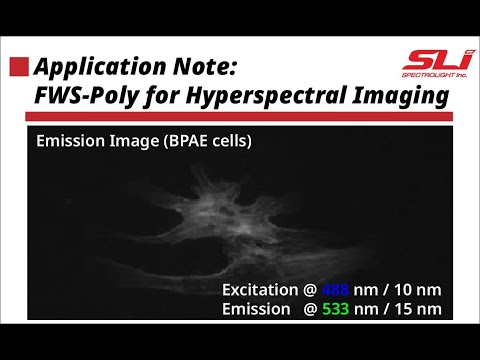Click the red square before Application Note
(x=19, y=67)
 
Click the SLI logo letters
(x=424, y=61)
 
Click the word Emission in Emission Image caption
(x=69, y=141)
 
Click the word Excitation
(x=261, y=289)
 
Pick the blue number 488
(x=336, y=289)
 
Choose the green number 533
(x=336, y=308)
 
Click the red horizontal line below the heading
(x=240, y=118)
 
